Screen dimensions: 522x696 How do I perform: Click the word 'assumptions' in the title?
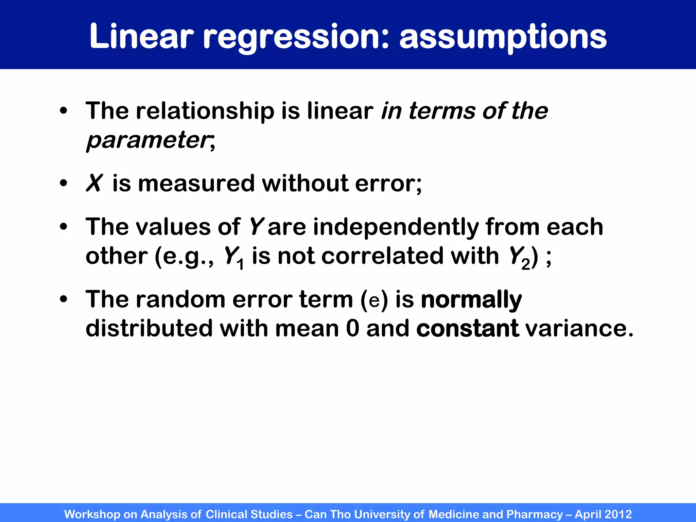pyautogui.click(x=503, y=37)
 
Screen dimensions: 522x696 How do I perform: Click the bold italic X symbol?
pyautogui.click(x=94, y=184)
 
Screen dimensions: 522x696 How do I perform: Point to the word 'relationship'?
pyautogui.click(x=205, y=111)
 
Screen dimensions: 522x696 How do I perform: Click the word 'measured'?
pyautogui.click(x=196, y=184)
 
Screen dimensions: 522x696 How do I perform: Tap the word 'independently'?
pyautogui.click(x=396, y=227)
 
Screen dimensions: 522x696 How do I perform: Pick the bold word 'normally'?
pyautogui.click(x=471, y=300)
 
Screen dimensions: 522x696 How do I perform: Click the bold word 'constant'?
pyautogui.click(x=467, y=329)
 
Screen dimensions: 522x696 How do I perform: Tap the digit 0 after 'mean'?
pyautogui.click(x=352, y=329)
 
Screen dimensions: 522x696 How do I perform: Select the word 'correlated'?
pyautogui.click(x=382, y=256)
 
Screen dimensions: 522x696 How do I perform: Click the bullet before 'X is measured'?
pyautogui.click(x=64, y=184)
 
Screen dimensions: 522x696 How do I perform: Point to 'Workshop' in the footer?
pyautogui.click(x=92, y=514)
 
